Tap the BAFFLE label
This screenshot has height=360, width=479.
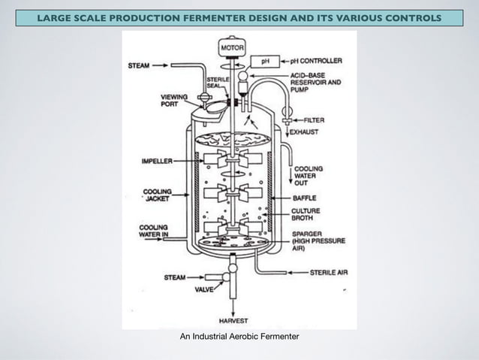306,198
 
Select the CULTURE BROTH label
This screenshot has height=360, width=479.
306,216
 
